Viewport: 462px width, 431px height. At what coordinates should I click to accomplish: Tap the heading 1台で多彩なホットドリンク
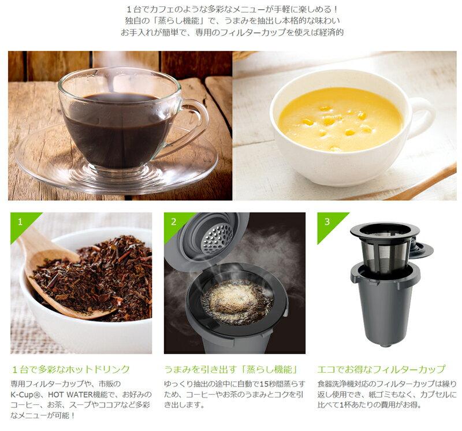(x=70, y=370)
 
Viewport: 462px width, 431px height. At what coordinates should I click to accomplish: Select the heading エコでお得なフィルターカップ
(x=381, y=370)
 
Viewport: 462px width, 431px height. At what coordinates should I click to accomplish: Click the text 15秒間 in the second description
(x=267, y=384)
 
